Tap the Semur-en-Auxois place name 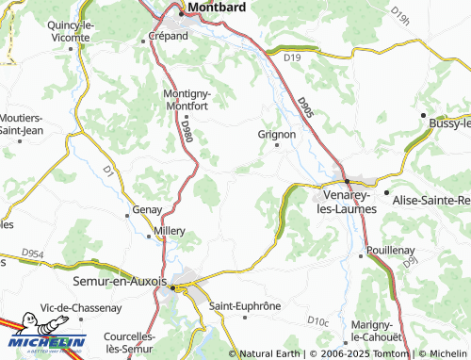coord(119,281)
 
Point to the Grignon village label coord(277,135)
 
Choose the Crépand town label coord(169,36)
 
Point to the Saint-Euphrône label coord(245,306)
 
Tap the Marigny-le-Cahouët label coord(377,331)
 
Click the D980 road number coord(186,130)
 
